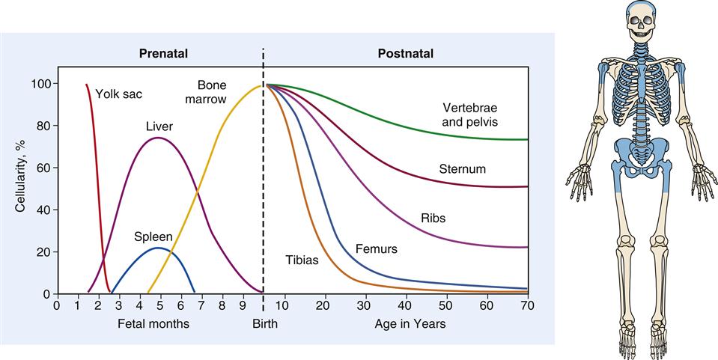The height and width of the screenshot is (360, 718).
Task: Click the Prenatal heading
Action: (162, 54)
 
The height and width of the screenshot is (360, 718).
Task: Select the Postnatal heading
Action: (405, 54)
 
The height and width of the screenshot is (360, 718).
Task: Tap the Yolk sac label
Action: (119, 94)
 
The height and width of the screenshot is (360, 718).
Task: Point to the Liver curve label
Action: (159, 126)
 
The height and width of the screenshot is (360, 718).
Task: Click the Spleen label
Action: (153, 237)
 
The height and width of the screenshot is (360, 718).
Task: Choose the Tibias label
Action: (302, 260)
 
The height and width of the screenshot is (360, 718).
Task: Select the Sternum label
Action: (462, 169)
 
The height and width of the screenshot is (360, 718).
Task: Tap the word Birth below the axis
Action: (264, 324)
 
